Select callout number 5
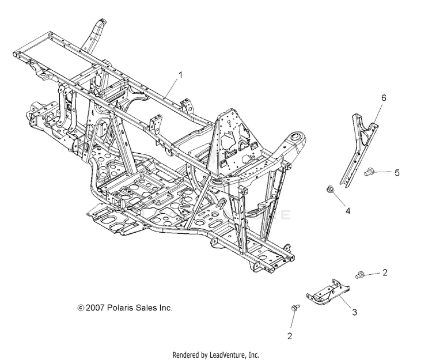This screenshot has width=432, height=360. pos(396,172)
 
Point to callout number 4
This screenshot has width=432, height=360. pos(347,211)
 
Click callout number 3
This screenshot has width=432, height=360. pos(355,312)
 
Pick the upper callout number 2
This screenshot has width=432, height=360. pos(385,272)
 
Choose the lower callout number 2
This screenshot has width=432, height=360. pos(290,335)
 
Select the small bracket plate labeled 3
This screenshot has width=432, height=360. pos(329,293)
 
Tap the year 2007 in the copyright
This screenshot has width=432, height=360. pos(96,308)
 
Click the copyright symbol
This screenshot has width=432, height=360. pos(81,308)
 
